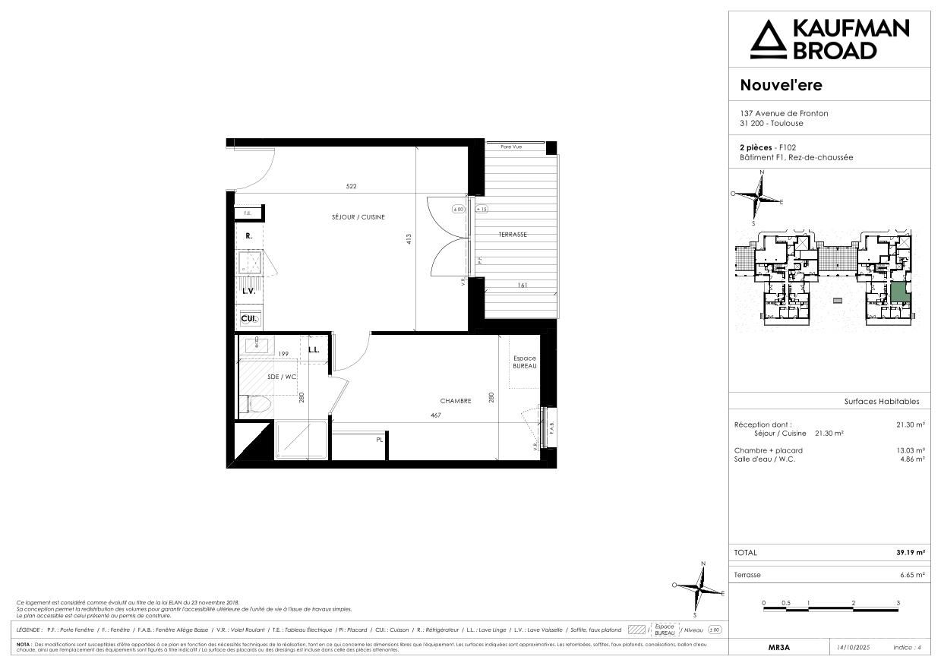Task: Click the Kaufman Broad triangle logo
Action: pos(767,39)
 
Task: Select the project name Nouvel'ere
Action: pos(781,85)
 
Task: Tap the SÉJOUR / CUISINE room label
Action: pos(358,217)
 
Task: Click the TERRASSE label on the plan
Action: pos(513,235)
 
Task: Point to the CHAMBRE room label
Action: pos(456,401)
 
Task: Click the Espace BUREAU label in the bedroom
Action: pos(524,362)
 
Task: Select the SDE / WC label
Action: pos(282,377)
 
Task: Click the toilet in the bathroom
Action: pos(254,406)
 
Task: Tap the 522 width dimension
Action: pos(351,186)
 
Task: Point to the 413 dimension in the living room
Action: pos(409,238)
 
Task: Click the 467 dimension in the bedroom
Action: pos(436,415)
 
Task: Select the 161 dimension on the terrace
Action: pos(522,286)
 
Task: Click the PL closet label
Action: pos(378,440)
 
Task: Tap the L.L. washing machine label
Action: pos(314,350)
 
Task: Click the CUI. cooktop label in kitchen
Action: pos(248,319)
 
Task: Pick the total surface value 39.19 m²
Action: pos(910,553)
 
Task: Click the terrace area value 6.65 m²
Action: pos(912,576)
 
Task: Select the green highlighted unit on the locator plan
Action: pos(898,292)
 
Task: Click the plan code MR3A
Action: pos(779,648)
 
